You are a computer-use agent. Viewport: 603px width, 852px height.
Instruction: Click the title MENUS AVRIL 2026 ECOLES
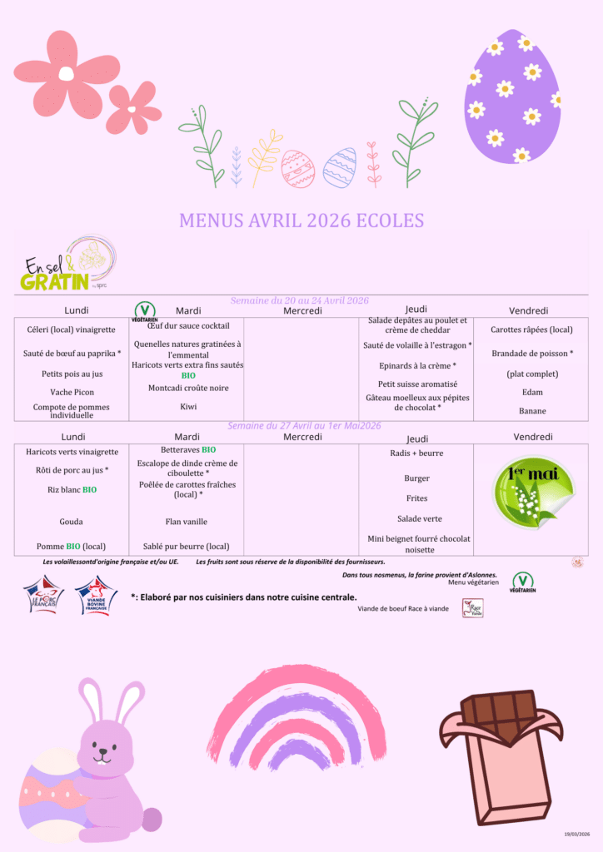click(301, 220)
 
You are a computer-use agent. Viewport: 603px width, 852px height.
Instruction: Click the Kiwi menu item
click(188, 407)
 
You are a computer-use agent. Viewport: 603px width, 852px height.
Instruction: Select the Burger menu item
click(416, 478)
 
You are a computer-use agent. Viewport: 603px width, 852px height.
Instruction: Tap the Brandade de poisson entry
click(531, 354)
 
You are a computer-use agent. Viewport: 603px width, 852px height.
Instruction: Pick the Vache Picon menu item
click(72, 392)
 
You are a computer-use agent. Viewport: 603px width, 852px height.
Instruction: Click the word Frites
click(416, 498)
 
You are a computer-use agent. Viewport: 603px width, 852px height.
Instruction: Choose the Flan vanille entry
click(187, 522)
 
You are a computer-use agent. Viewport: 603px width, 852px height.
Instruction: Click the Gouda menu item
click(72, 522)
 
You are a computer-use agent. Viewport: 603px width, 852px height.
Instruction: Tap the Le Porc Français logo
click(43, 596)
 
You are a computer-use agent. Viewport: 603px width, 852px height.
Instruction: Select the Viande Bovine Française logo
click(96, 596)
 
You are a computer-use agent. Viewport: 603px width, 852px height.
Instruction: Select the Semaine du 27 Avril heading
click(304, 425)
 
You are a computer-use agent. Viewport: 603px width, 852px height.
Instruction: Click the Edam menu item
click(531, 392)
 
